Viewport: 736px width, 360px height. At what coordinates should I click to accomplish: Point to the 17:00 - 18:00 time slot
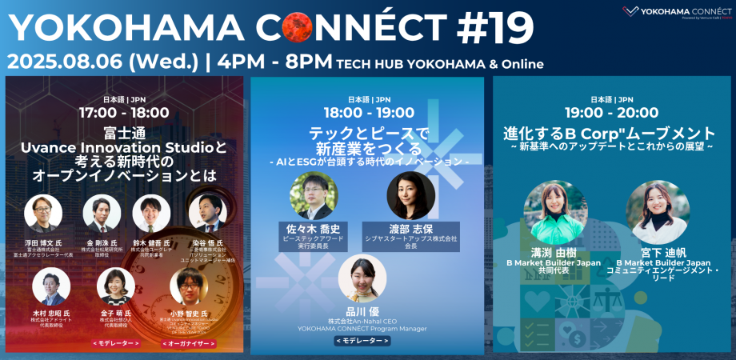124,113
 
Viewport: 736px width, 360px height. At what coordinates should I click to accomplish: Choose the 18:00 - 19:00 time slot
367,113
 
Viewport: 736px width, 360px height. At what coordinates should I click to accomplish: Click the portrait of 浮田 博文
43,214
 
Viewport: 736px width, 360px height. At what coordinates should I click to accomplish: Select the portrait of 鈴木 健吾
151,214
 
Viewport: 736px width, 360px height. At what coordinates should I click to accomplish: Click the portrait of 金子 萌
116,286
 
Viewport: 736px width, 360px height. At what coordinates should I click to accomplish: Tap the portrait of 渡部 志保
410,196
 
